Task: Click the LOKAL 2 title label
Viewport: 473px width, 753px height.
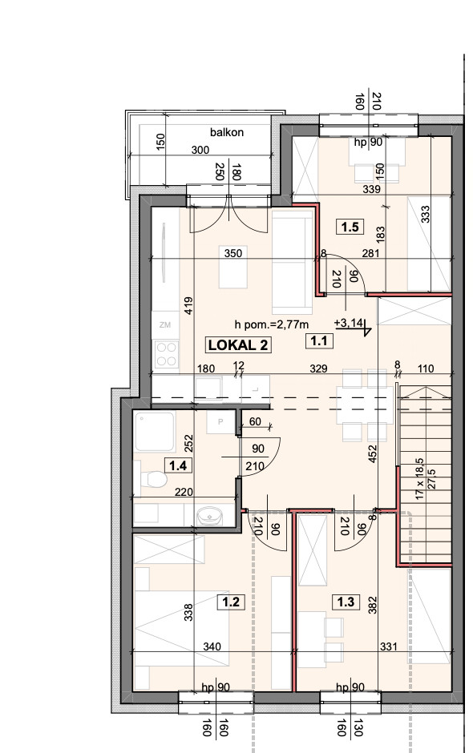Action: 238,344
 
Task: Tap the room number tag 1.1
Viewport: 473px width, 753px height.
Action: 319,341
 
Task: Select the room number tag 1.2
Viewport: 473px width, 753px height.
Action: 231,602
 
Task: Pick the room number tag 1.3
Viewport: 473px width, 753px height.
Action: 346,602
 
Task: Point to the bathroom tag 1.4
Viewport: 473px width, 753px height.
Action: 178,465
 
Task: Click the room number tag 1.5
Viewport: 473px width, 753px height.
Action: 350,226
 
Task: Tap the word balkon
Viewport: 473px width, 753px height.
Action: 226,132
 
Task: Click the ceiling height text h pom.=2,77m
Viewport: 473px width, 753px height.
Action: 272,324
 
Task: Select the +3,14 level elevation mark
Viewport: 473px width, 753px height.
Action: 350,323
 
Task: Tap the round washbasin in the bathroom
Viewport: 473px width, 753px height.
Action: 209,516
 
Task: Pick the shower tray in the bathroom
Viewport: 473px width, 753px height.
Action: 154,431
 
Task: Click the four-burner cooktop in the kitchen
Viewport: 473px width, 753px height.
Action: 166,354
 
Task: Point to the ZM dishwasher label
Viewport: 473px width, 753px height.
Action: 165,324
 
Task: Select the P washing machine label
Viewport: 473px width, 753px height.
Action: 220,422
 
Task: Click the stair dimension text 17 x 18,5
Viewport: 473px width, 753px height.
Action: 419,478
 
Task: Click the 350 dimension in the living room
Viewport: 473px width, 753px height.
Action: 233,253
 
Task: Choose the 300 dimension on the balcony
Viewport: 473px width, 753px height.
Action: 200,150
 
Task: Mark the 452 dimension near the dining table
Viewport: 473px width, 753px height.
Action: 373,454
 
